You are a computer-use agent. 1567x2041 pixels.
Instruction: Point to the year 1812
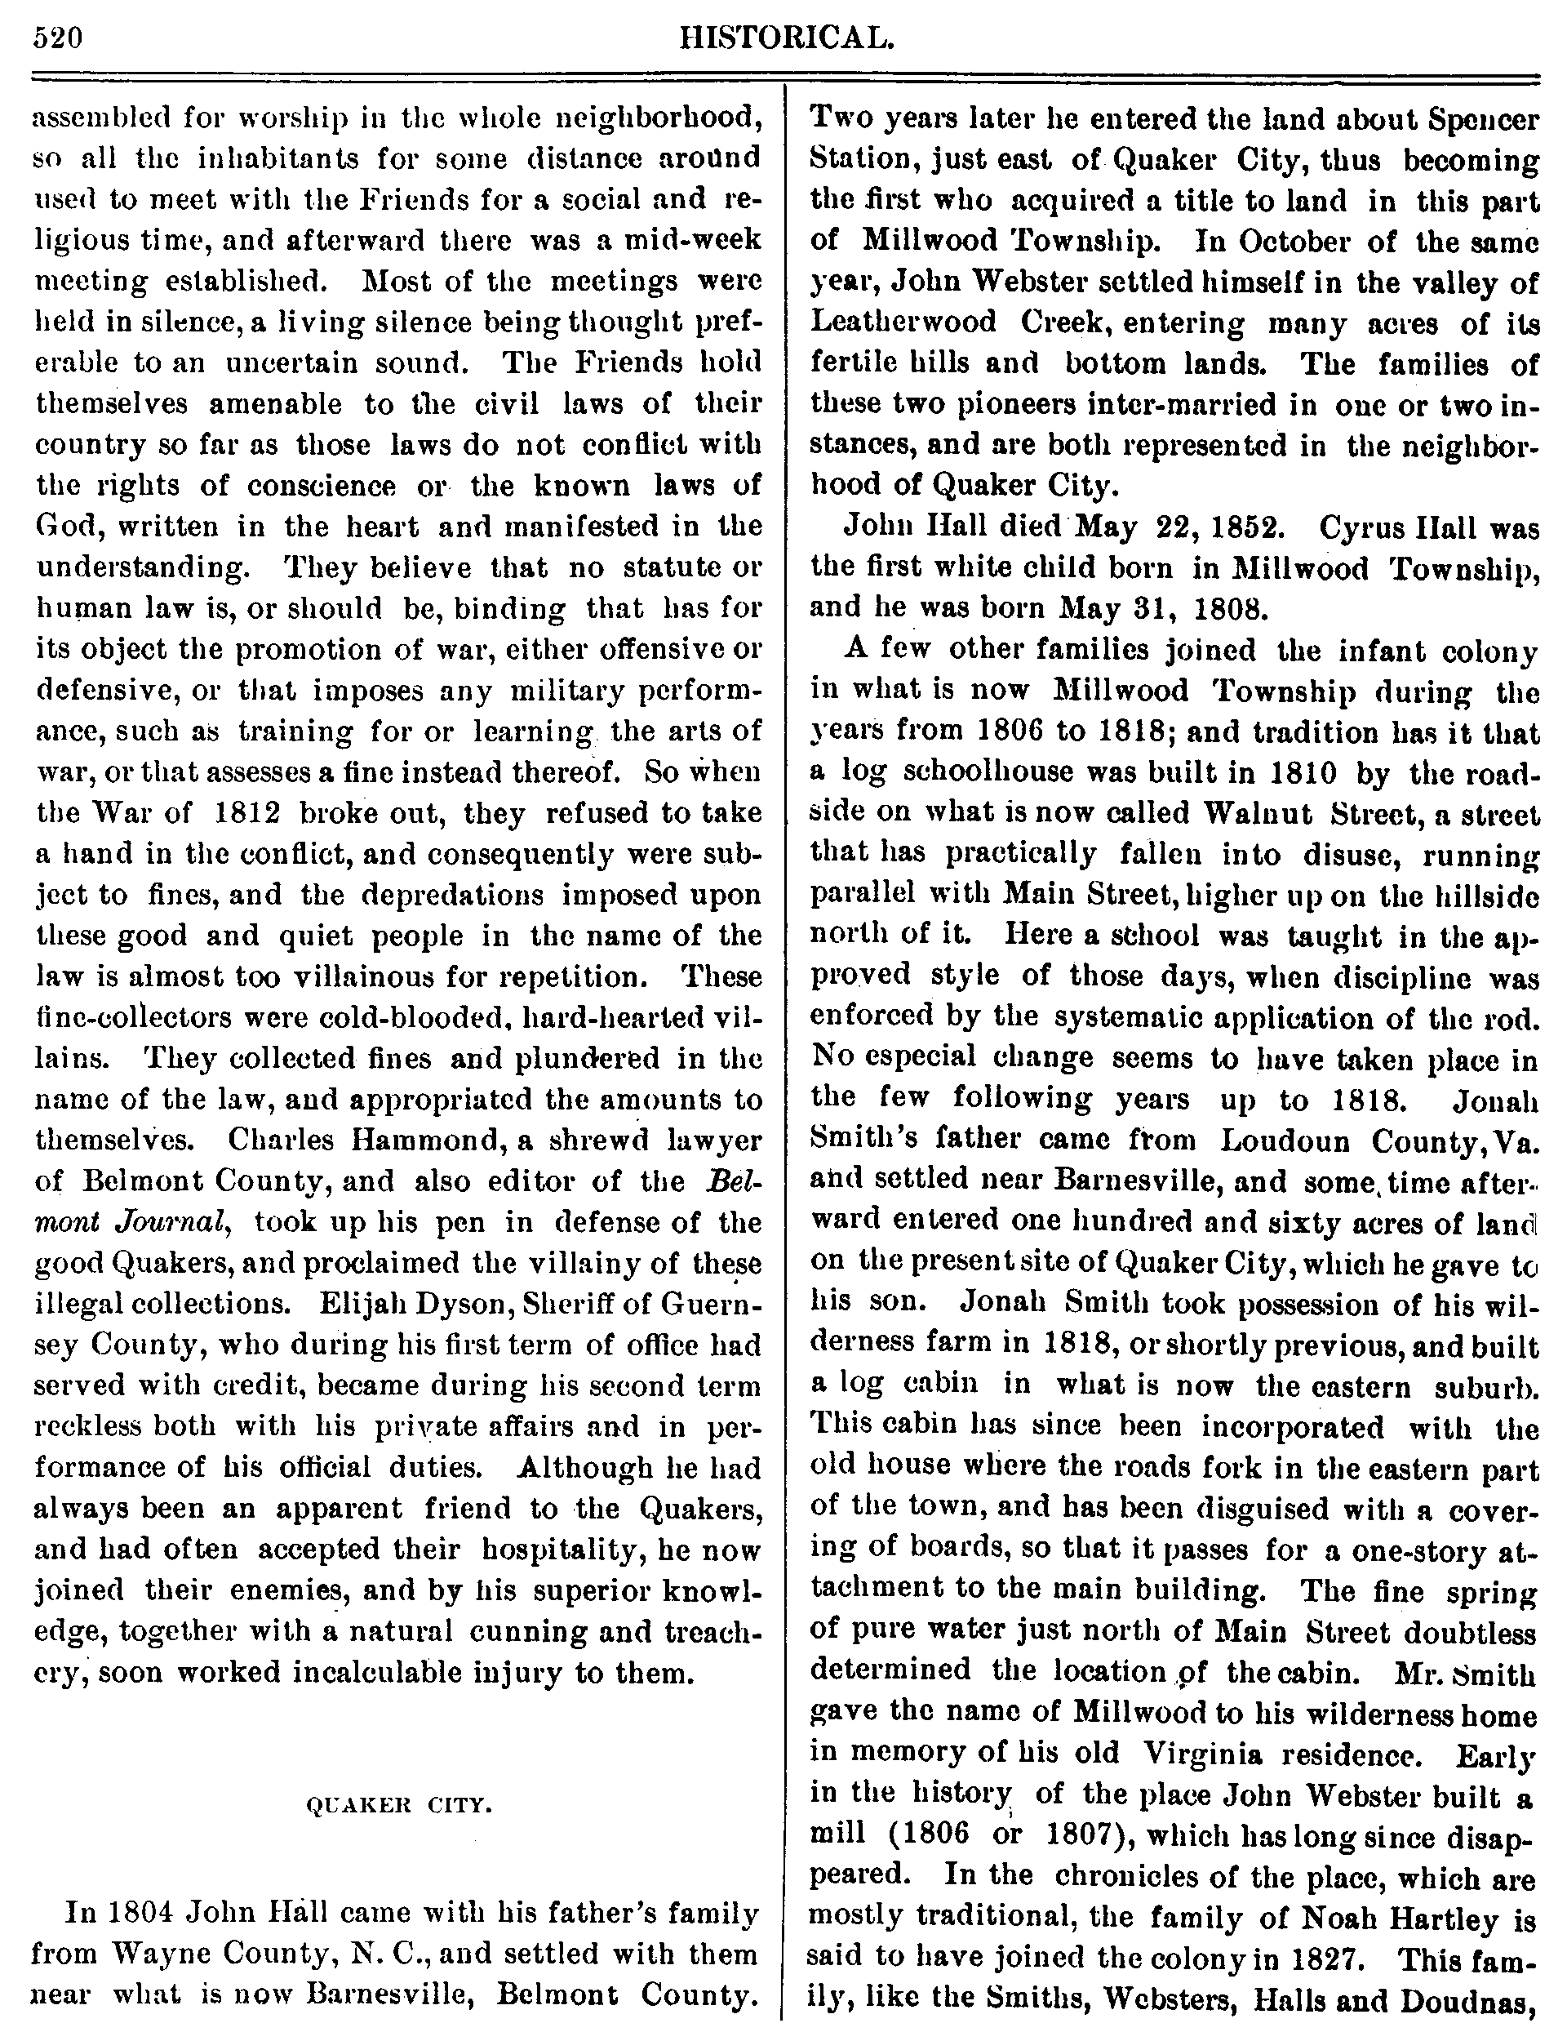click(247, 812)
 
